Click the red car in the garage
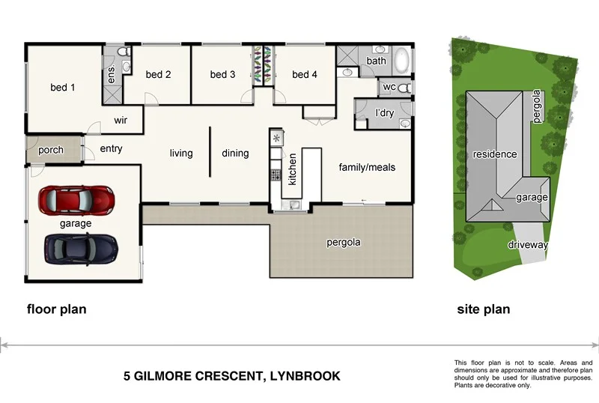(77, 200)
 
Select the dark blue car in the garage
(81, 248)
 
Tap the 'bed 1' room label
(63, 88)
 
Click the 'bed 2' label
(158, 74)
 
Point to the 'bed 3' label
(222, 74)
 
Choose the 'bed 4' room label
(305, 74)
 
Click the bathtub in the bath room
(401, 59)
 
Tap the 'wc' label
(389, 87)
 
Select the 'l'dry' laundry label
(384, 113)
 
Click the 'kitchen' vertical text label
(293, 169)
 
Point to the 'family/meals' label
(367, 166)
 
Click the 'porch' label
(51, 150)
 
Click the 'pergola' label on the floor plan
(344, 242)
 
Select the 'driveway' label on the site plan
(528, 245)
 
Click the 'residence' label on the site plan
(494, 154)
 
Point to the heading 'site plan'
(484, 309)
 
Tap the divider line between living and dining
(209, 151)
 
